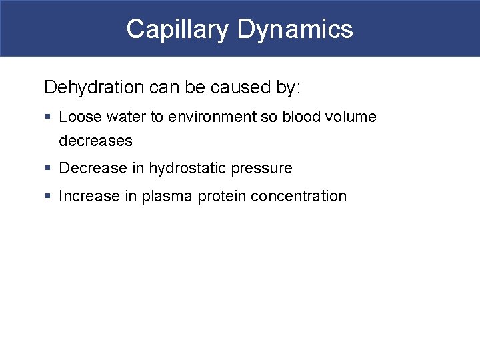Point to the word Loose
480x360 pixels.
(78, 117)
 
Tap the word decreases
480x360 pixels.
(95, 141)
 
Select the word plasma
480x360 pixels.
(167, 197)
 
